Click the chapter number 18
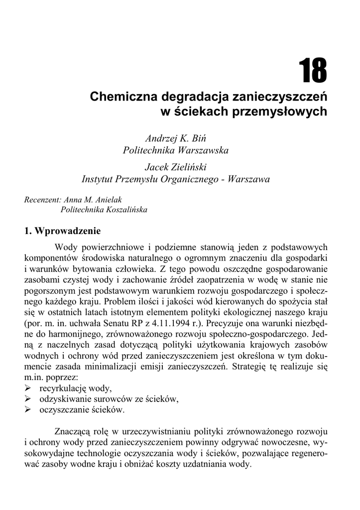(x=313, y=71)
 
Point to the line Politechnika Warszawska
(x=176, y=150)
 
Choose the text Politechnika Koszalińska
(x=104, y=210)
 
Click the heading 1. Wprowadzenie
(x=62, y=231)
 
